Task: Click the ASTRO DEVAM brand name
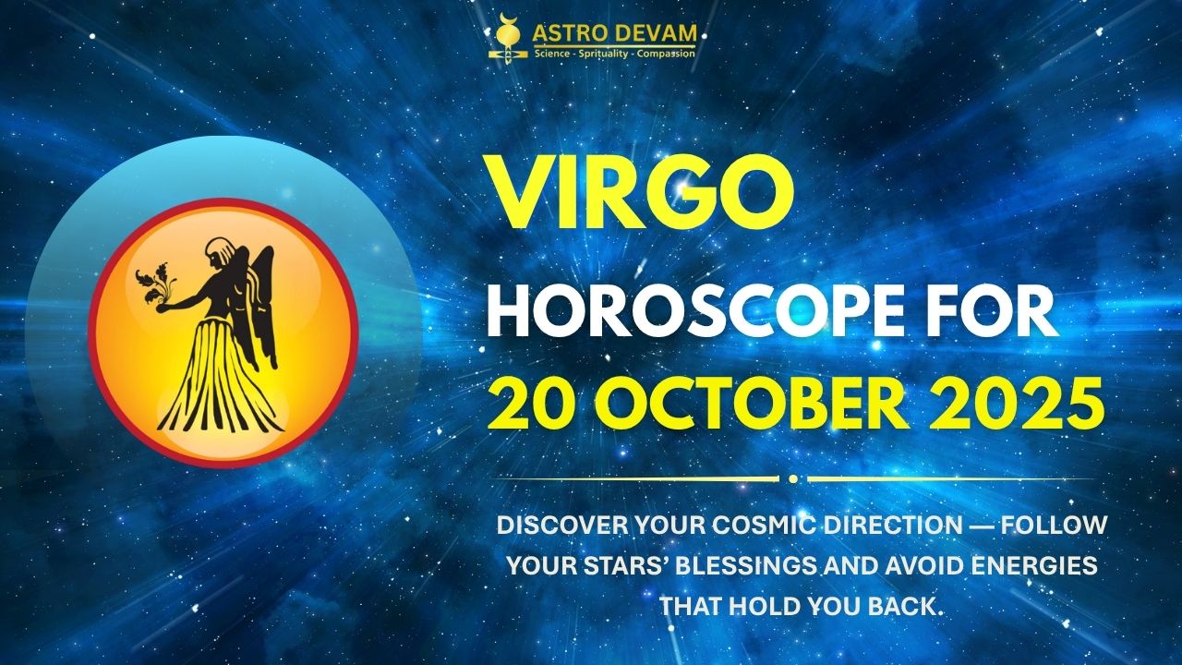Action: [613, 33]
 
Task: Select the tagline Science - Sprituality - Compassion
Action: [613, 54]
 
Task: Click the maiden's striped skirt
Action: [220, 388]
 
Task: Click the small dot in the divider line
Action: [792, 478]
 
